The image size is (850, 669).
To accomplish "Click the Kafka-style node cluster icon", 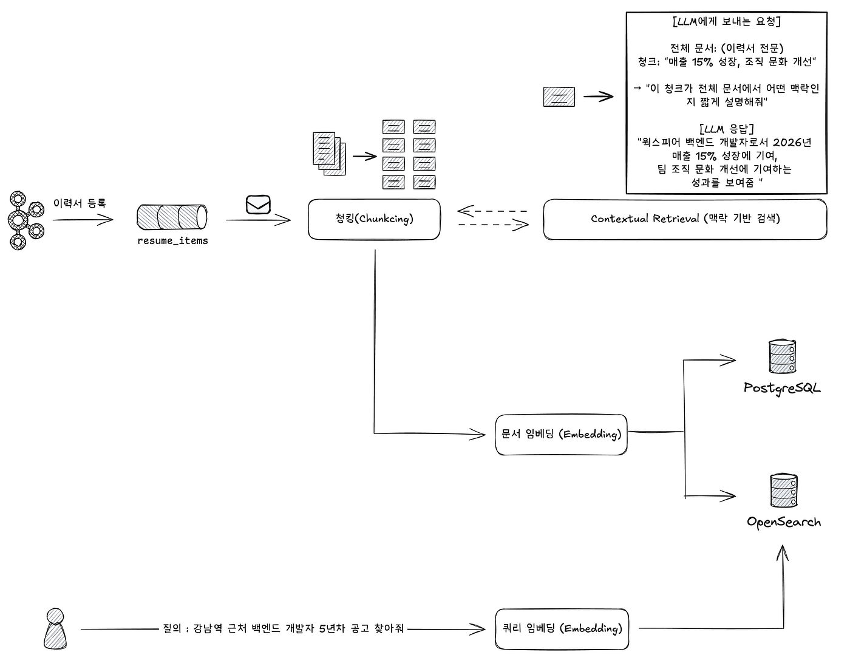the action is (26, 220).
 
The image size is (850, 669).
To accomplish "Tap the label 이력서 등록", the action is (80, 203).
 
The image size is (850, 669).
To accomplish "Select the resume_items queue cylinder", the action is (172, 217).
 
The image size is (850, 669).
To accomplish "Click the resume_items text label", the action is (172, 241).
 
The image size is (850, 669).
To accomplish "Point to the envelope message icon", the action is (258, 205).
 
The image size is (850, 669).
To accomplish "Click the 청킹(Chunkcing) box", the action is (374, 219).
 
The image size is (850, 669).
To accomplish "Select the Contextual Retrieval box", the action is (685, 219).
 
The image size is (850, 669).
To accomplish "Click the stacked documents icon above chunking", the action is (329, 154).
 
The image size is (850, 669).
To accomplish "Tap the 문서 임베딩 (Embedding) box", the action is (561, 435).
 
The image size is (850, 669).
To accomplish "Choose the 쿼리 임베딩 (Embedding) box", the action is (562, 629).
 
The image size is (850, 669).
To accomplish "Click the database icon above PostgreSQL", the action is (782, 356).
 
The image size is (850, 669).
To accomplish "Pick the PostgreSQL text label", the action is (782, 388).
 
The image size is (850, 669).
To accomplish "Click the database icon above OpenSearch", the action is (784, 490).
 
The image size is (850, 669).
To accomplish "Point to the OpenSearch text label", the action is (784, 522).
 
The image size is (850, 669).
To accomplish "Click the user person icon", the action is (55, 629).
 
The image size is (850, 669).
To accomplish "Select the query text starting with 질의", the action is (283, 628).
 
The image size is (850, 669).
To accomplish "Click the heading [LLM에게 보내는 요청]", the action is (726, 21).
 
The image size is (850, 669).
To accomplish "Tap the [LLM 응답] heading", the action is (726, 129).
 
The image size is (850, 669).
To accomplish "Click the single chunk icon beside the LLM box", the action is (559, 97).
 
